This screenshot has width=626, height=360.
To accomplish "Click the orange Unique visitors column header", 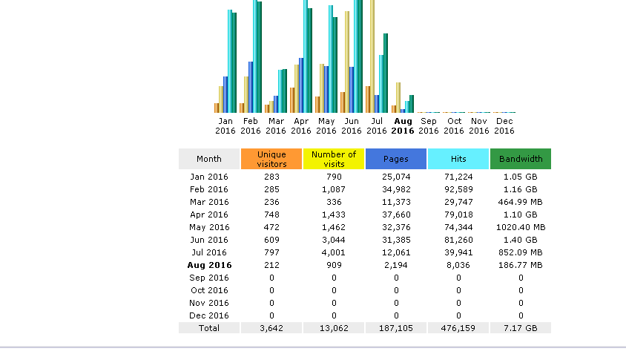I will pyautogui.click(x=271, y=159).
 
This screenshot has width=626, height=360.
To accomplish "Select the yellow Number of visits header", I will pyautogui.click(x=334, y=159).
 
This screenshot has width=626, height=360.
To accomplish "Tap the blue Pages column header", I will pyautogui.click(x=396, y=159).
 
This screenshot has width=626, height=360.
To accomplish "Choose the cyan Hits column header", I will pyautogui.click(x=458, y=159).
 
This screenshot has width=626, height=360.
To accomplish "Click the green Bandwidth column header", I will pyautogui.click(x=521, y=159).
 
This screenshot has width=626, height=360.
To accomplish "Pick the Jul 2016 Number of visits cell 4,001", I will pyautogui.click(x=334, y=252).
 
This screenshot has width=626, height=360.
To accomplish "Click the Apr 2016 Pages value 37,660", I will pyautogui.click(x=396, y=215).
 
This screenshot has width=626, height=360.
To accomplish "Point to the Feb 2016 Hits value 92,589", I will pyautogui.click(x=458, y=189).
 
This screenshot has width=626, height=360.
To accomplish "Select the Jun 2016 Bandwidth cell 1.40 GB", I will pyautogui.click(x=521, y=240).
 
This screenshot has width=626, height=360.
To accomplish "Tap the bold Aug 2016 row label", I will pyautogui.click(x=209, y=265).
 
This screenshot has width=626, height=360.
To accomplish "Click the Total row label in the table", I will pyautogui.click(x=209, y=328).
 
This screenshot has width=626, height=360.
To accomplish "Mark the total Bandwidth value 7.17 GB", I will pyautogui.click(x=521, y=328).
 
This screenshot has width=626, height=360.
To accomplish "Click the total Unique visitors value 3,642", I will pyautogui.click(x=271, y=328).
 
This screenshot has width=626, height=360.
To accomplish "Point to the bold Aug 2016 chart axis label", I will pyautogui.click(x=403, y=125).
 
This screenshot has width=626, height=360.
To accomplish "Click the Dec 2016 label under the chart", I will pyautogui.click(x=504, y=125).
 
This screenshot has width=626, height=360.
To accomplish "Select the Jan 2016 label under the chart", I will pyautogui.click(x=225, y=125).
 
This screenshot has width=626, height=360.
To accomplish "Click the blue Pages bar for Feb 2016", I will pyautogui.click(x=251, y=87).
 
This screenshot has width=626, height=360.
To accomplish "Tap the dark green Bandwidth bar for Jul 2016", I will pyautogui.click(x=386, y=73).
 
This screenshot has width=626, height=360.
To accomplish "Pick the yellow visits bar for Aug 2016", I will pyautogui.click(x=398, y=97).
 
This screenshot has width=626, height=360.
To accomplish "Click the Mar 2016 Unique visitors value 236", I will pyautogui.click(x=271, y=202).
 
